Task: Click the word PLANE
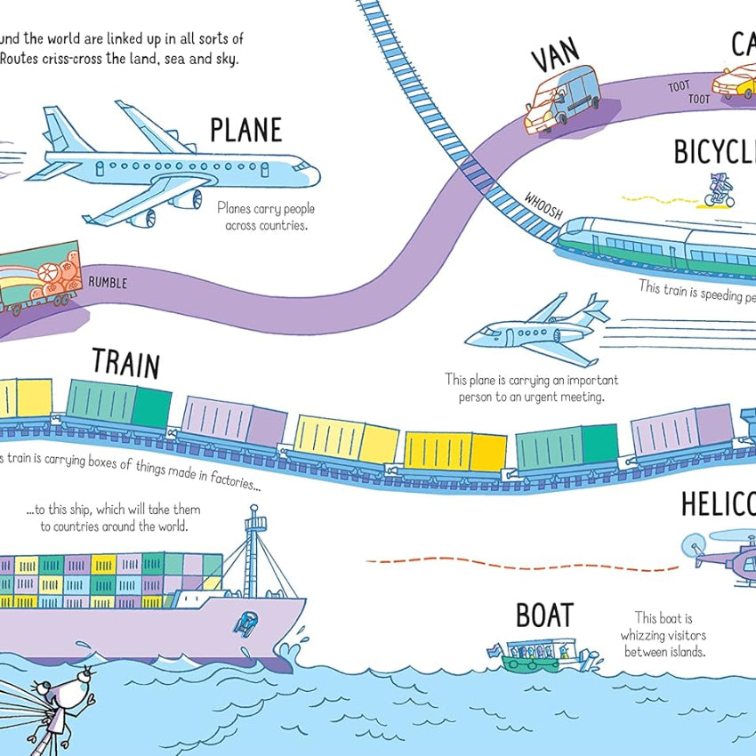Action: click(x=245, y=131)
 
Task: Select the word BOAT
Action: click(x=544, y=615)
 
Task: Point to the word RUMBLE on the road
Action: click(x=108, y=284)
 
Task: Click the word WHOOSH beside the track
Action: click(x=543, y=205)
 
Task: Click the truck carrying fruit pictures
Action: click(x=40, y=276)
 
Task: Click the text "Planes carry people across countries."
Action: click(x=266, y=217)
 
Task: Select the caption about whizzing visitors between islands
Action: click(x=664, y=634)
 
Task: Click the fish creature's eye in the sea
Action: click(x=79, y=682)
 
